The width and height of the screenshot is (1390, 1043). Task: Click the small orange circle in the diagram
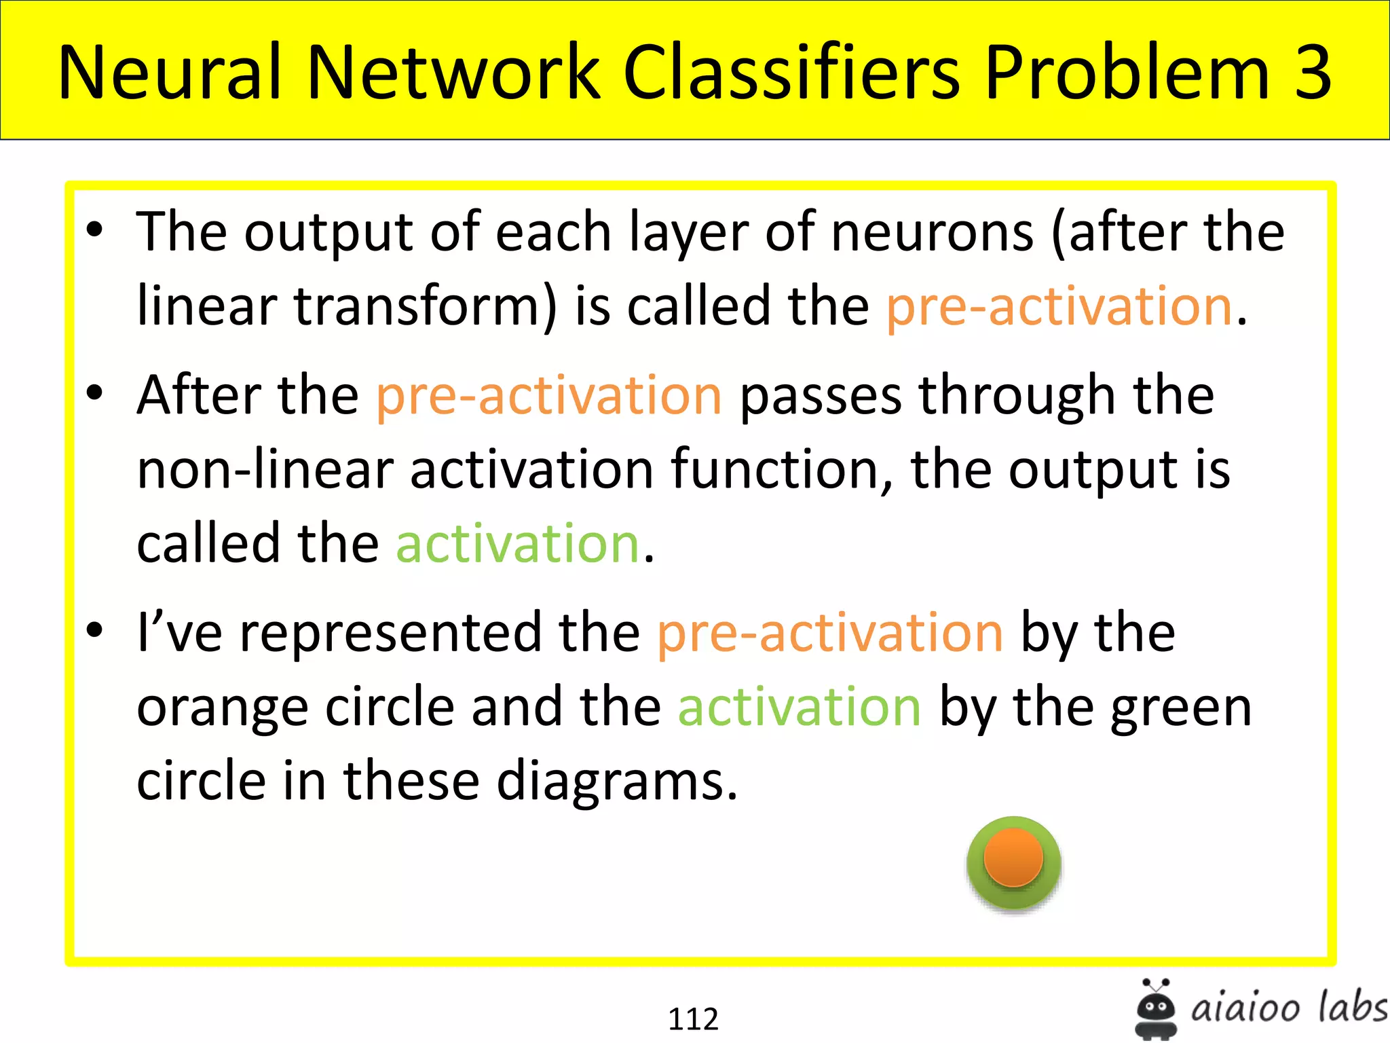point(1013,856)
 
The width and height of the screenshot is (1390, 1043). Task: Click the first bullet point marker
point(95,230)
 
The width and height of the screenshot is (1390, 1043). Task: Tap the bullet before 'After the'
point(95,392)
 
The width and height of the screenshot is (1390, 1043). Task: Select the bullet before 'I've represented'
point(95,630)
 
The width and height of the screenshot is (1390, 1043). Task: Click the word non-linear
point(265,469)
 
